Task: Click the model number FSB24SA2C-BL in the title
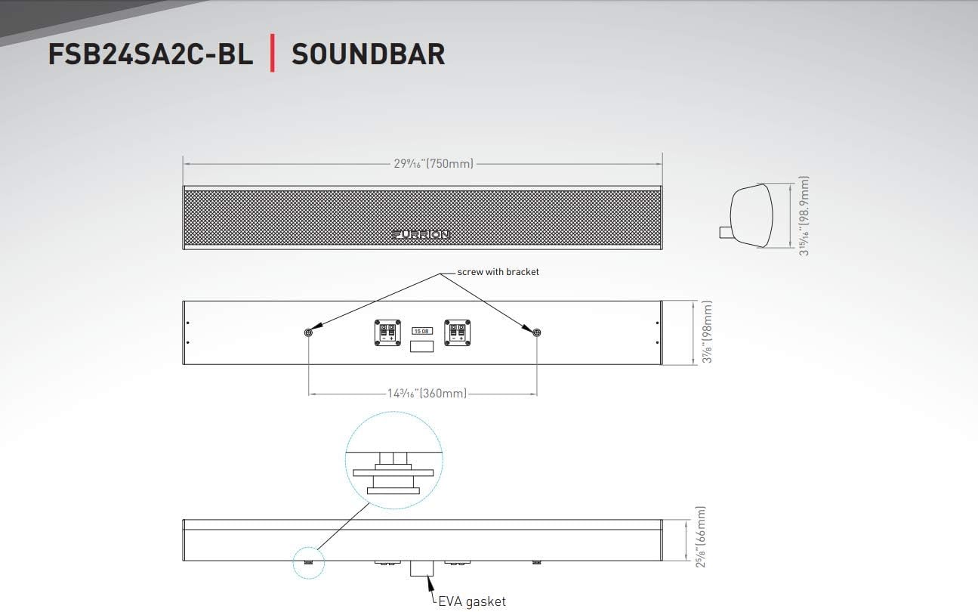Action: coord(150,54)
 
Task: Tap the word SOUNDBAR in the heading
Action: coord(368,54)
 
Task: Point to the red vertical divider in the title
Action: coord(272,54)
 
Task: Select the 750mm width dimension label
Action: coord(433,163)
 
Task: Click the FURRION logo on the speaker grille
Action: coord(421,234)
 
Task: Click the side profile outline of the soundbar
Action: coord(751,215)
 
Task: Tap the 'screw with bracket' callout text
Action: coord(498,272)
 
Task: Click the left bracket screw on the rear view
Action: coord(308,333)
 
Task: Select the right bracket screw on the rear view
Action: coord(537,333)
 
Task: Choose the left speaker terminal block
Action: coord(387,332)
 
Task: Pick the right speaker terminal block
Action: coord(457,332)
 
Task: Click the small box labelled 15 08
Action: coord(421,331)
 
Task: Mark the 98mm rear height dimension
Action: coord(707,332)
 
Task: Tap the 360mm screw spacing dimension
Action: coord(427,394)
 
